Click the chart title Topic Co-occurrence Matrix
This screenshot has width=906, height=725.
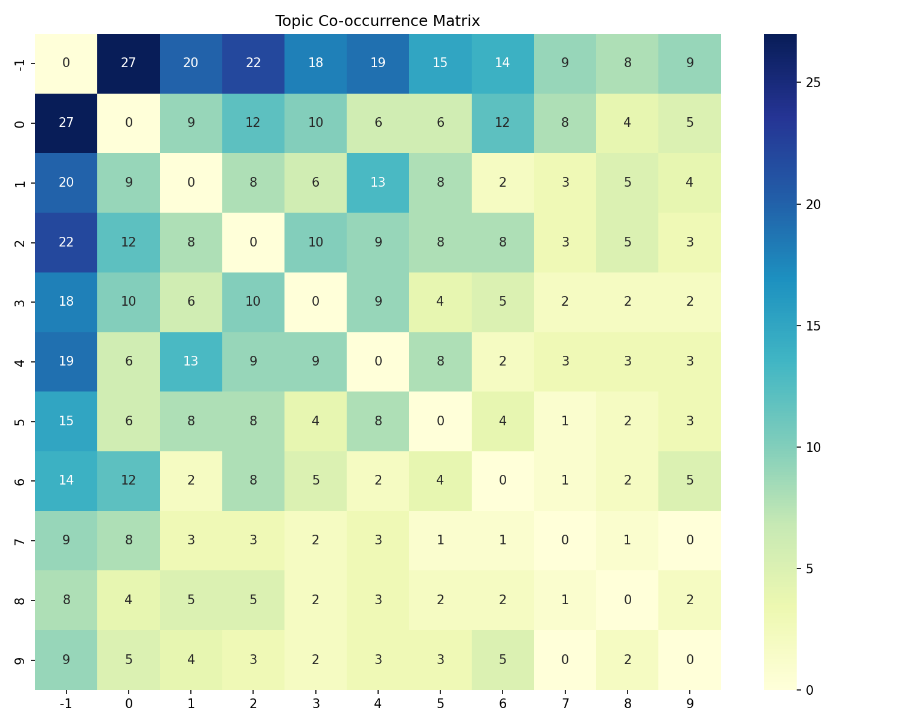377,21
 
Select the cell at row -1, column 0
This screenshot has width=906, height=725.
129,63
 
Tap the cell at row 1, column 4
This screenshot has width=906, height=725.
377,182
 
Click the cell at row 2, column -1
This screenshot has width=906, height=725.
66,242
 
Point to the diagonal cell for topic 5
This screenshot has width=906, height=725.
440,421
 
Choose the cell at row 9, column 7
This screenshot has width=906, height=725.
565,660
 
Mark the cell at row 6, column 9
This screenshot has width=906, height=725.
690,481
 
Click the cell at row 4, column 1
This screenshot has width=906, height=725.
191,361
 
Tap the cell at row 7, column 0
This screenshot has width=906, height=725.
129,540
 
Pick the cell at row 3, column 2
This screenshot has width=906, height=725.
253,301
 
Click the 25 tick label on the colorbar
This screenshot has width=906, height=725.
813,83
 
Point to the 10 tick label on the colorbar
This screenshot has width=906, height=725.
813,447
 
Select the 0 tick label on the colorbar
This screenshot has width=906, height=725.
810,690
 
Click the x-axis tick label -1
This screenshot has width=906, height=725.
66,703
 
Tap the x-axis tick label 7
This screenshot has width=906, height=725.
565,703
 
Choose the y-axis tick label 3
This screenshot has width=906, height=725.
20,301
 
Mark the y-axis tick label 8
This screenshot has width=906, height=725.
20,600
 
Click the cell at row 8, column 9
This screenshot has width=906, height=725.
690,600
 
